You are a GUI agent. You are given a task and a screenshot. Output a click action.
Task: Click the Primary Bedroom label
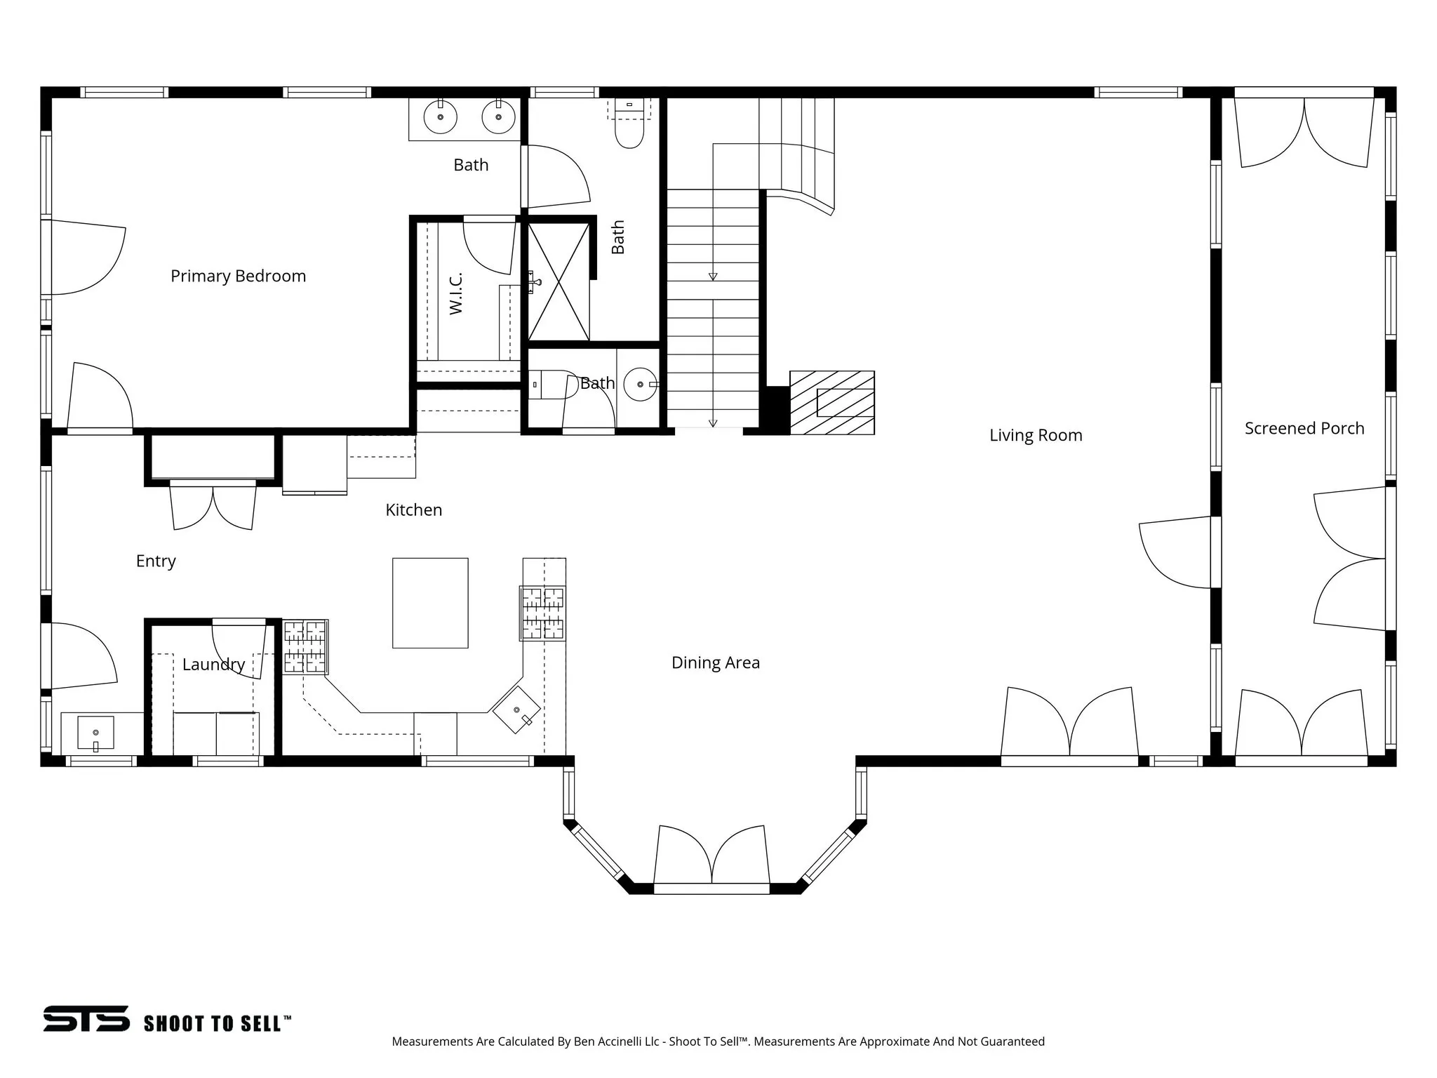click(238, 276)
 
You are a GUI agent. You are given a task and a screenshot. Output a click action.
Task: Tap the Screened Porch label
click(1304, 428)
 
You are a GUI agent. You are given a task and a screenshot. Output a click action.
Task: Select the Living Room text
click(1036, 435)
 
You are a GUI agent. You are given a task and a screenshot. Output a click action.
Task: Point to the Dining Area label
click(715, 663)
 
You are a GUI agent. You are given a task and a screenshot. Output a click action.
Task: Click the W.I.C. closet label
click(456, 293)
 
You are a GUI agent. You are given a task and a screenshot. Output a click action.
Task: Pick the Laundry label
click(213, 664)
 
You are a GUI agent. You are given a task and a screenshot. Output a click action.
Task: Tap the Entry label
click(156, 561)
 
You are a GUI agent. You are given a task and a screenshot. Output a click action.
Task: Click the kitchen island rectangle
click(430, 603)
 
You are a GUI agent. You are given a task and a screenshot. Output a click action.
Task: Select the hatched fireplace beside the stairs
click(832, 403)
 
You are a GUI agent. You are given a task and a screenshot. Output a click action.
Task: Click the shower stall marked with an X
click(559, 281)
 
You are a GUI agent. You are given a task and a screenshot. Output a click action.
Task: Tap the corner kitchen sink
click(517, 710)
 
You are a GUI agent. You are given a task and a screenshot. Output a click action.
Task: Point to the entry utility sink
click(95, 733)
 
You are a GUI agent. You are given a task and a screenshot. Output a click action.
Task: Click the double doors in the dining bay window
click(711, 857)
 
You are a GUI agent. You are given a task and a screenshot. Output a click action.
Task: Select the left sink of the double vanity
click(441, 118)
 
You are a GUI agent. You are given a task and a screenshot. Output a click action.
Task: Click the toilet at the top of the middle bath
click(629, 131)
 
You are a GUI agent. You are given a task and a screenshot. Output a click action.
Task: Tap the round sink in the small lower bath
click(641, 384)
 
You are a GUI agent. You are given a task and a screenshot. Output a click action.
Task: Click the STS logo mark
click(86, 1018)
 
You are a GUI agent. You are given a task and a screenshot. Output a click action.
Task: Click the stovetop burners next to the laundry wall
click(305, 647)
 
